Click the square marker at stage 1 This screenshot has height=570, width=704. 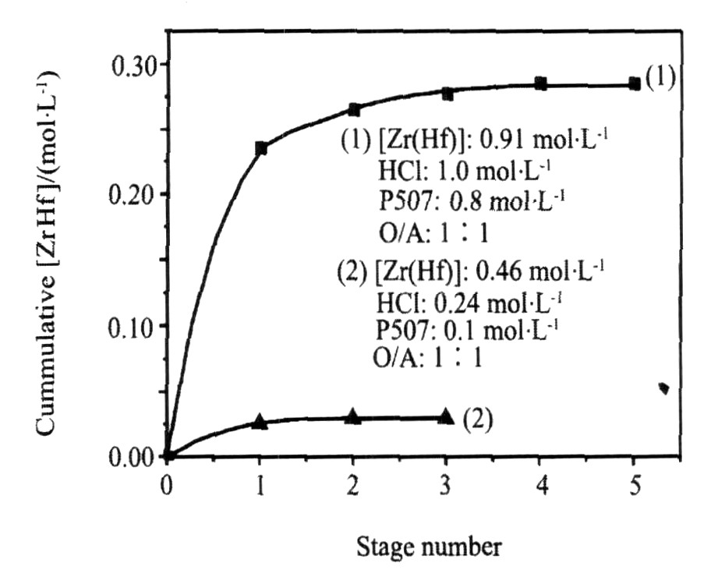point(261,148)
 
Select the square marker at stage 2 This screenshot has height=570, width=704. point(354,110)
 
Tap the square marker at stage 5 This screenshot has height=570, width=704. point(635,84)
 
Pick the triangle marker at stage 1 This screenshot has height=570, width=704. point(260,423)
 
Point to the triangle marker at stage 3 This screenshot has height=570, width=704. point(446,416)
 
